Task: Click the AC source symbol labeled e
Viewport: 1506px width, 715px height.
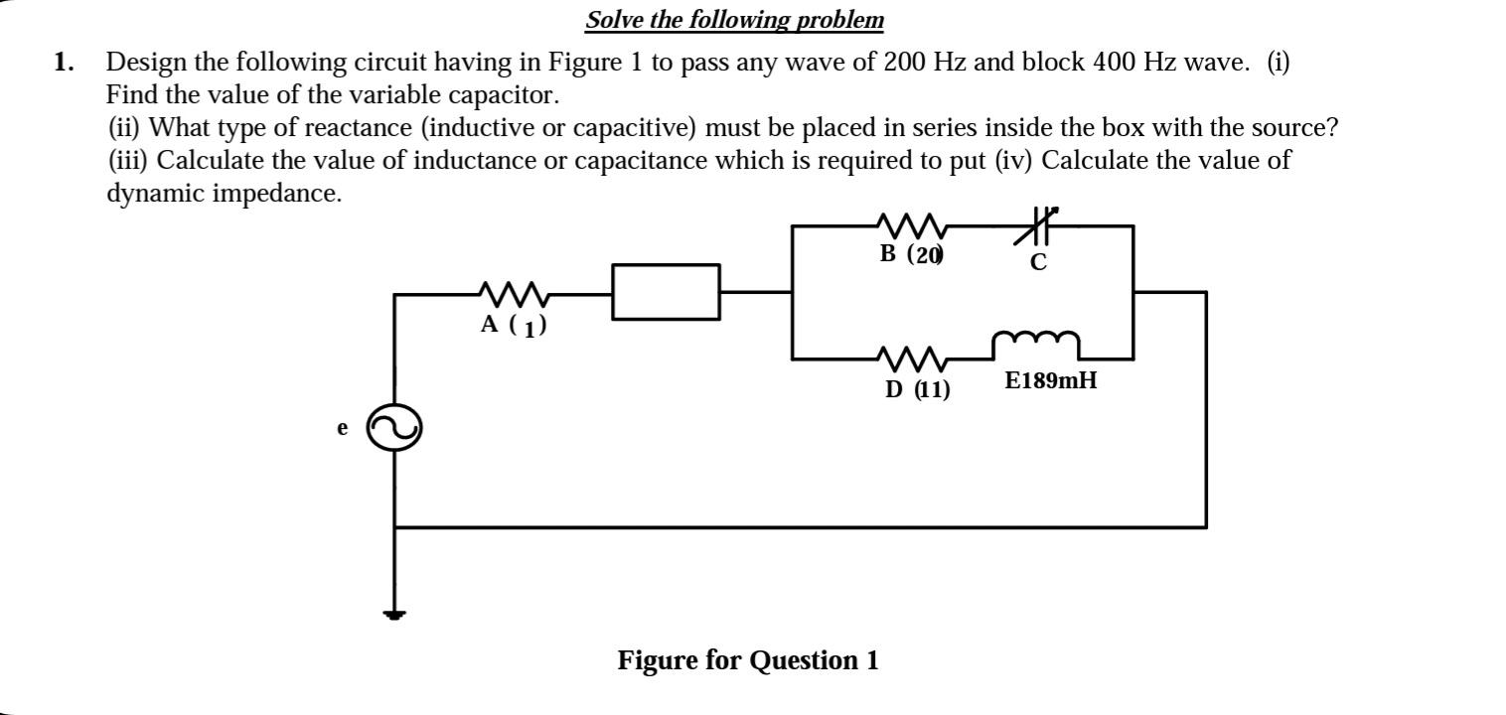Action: coord(394,429)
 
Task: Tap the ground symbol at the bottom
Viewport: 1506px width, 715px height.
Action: coord(395,614)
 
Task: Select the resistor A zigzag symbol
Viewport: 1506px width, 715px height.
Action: coord(513,294)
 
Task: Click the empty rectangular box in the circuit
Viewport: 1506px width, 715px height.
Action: coord(666,292)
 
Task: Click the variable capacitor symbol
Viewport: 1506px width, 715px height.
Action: coord(1037,226)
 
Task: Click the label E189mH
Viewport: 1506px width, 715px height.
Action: coord(1051,380)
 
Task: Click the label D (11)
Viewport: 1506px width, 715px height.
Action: coord(917,389)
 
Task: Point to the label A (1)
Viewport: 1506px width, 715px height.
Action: coord(513,325)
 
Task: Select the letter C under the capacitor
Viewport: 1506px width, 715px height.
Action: coord(1038,263)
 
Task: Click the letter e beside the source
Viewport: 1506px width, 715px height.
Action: coord(343,428)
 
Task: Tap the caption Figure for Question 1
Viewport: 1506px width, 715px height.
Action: coord(748,660)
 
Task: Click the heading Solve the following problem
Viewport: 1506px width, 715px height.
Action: coord(734,20)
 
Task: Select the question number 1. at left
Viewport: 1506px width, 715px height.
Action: coord(65,63)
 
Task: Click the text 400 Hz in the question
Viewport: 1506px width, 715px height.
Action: coord(1128,63)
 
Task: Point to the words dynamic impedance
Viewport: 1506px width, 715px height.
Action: coord(224,193)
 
